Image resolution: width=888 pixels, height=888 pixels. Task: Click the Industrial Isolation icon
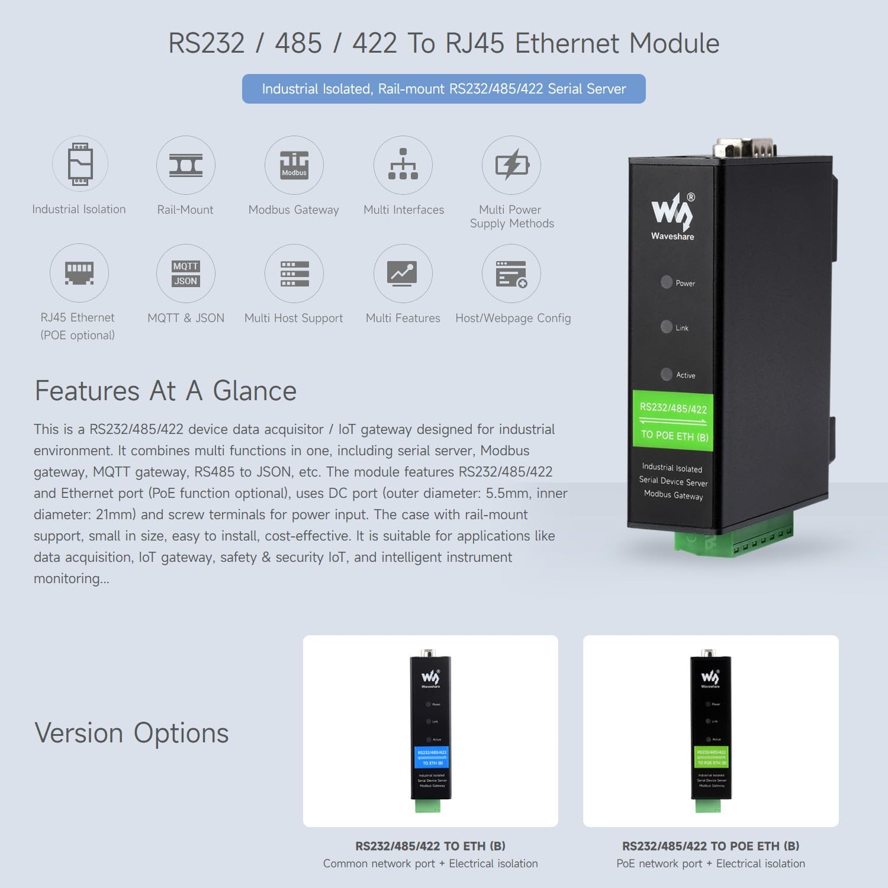tap(80, 164)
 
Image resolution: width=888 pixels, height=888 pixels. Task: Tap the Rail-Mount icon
tap(185, 165)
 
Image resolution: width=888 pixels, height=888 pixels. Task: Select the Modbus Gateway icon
tap(294, 165)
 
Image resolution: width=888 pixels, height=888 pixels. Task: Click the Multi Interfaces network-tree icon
tap(403, 165)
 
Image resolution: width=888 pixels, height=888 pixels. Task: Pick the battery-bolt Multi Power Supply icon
tap(511, 165)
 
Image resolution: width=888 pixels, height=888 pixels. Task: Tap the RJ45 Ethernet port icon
tap(79, 273)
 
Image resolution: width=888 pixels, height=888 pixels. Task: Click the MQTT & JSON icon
tap(185, 274)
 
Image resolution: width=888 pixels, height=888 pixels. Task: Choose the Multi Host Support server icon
tap(294, 274)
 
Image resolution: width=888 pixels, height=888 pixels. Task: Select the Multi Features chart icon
tap(403, 274)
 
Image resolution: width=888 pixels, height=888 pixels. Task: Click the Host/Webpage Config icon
tap(511, 274)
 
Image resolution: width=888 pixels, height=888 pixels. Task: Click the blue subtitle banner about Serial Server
tap(443, 89)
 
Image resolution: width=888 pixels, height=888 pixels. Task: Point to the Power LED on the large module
tap(667, 282)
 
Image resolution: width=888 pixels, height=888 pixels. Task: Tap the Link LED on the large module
tap(667, 327)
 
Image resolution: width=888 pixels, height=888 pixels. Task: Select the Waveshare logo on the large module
tap(673, 216)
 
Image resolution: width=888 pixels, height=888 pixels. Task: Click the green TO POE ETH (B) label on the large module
tap(673, 422)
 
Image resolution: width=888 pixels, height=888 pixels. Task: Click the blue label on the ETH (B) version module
tap(432, 757)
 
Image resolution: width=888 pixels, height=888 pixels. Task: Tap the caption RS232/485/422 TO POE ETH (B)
tap(710, 846)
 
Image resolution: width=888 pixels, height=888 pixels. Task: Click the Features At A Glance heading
tap(165, 391)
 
